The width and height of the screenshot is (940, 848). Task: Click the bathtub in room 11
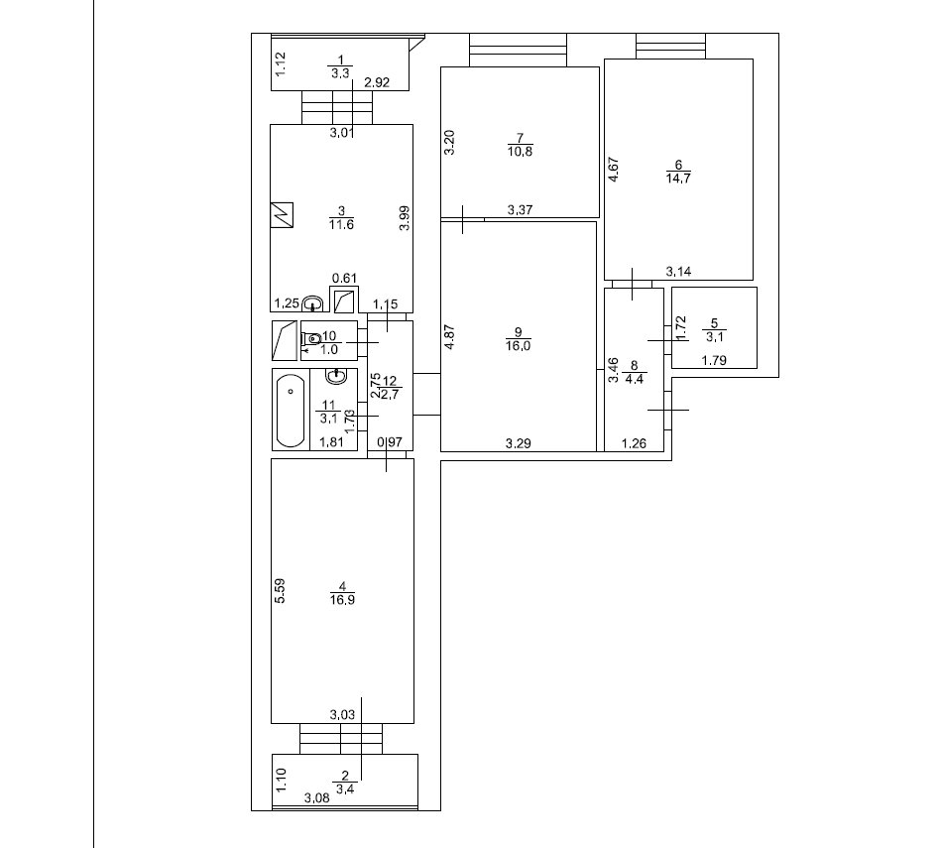pyautogui.click(x=291, y=410)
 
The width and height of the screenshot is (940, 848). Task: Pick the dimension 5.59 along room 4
pyautogui.click(x=281, y=592)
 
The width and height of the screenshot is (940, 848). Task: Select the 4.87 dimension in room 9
pyautogui.click(x=449, y=338)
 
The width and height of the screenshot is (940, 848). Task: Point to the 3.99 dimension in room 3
pyautogui.click(x=405, y=217)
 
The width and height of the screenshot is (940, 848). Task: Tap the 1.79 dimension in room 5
pyautogui.click(x=714, y=360)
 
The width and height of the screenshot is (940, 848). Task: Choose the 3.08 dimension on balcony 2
pyautogui.click(x=317, y=796)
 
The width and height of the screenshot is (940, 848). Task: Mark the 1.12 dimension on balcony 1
pyautogui.click(x=281, y=65)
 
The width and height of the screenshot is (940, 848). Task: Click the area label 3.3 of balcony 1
pyautogui.click(x=340, y=73)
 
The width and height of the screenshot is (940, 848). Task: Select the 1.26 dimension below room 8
pyautogui.click(x=634, y=443)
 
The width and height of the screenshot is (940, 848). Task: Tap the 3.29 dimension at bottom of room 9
pyautogui.click(x=518, y=443)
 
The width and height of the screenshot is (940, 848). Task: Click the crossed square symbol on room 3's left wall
pyautogui.click(x=281, y=214)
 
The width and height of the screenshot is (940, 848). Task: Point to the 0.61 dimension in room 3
pyautogui.click(x=343, y=279)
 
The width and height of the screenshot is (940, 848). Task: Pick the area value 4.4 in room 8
pyautogui.click(x=635, y=377)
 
